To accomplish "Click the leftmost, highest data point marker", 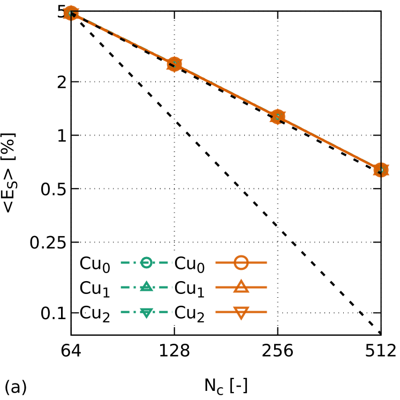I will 71,13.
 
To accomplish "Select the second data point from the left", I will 175,64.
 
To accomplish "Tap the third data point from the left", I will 278,117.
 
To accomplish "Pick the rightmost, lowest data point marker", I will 381,170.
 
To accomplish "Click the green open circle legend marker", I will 146,262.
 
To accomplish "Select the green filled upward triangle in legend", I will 146,286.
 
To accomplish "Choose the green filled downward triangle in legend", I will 146,313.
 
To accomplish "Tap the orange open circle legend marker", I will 241,262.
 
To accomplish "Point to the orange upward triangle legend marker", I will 241,286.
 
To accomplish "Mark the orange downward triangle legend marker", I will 241,313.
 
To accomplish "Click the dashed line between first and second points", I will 123,39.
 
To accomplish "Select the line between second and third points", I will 226,90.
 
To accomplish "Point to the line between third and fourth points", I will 329,144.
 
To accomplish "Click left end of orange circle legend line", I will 217,262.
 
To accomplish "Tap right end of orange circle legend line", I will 266,262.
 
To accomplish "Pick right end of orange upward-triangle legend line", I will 266,287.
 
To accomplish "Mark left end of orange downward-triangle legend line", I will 217,312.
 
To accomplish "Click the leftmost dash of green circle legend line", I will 125,262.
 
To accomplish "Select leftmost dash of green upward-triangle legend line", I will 125,287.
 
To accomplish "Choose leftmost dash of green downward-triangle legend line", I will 125,312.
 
